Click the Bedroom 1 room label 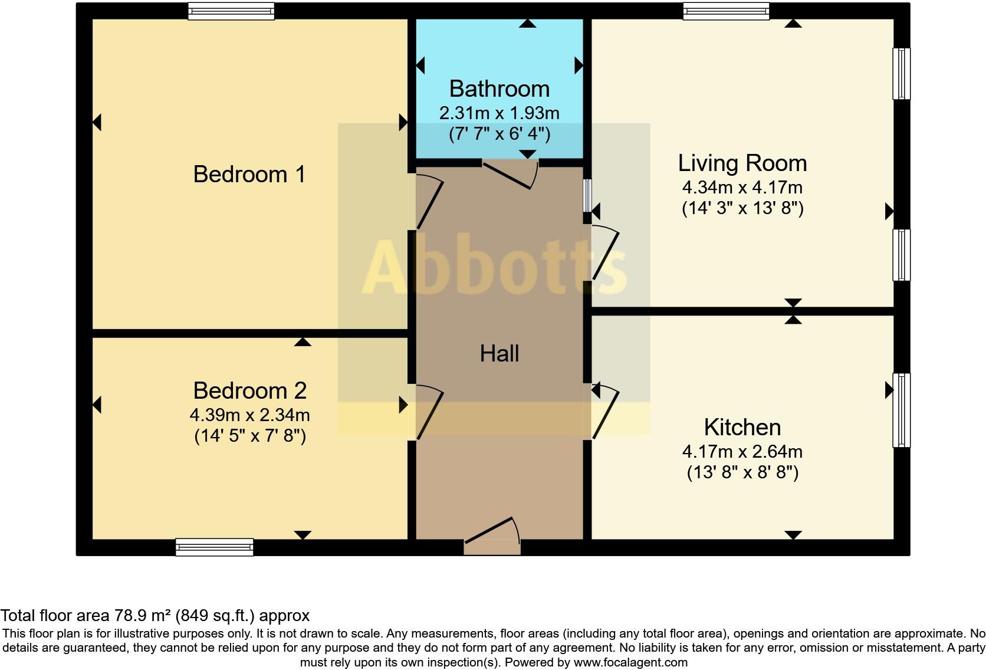(x=249, y=175)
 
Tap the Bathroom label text (x=499, y=89)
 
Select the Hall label (x=499, y=354)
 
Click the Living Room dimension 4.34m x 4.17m (x=742, y=188)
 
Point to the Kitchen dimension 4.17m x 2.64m (x=742, y=452)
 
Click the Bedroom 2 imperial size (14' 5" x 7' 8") (x=250, y=436)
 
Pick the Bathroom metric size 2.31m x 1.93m (x=499, y=113)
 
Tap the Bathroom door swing (x=511, y=175)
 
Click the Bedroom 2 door (x=429, y=413)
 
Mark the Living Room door (x=605, y=254)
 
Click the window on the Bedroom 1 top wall (x=231, y=11)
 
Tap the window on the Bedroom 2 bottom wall (x=215, y=547)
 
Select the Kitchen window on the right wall (x=901, y=410)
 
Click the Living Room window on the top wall (x=726, y=11)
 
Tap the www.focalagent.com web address (x=630, y=662)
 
